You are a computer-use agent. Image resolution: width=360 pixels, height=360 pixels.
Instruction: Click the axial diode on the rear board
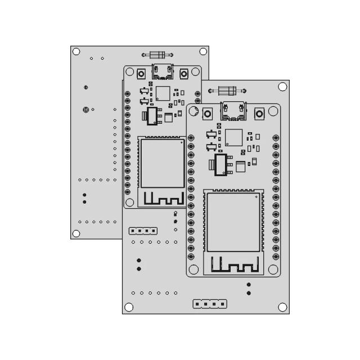157,55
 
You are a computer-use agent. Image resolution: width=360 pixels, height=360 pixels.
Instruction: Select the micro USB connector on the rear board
163,71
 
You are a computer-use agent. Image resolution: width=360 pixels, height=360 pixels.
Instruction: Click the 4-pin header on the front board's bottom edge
210,304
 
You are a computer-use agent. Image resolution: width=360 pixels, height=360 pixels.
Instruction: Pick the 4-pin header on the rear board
142,231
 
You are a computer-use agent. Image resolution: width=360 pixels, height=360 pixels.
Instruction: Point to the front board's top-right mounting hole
282,87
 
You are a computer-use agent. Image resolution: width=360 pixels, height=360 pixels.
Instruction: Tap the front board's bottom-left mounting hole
129,307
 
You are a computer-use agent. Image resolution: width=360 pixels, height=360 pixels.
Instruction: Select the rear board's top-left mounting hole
76,51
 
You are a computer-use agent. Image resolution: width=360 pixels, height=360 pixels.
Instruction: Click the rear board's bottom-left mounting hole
76,233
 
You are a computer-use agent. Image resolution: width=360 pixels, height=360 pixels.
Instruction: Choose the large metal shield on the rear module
162,164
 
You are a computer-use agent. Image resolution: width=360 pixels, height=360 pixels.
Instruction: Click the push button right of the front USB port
260,113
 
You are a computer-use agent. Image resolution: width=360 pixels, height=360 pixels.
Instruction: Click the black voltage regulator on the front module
220,164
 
